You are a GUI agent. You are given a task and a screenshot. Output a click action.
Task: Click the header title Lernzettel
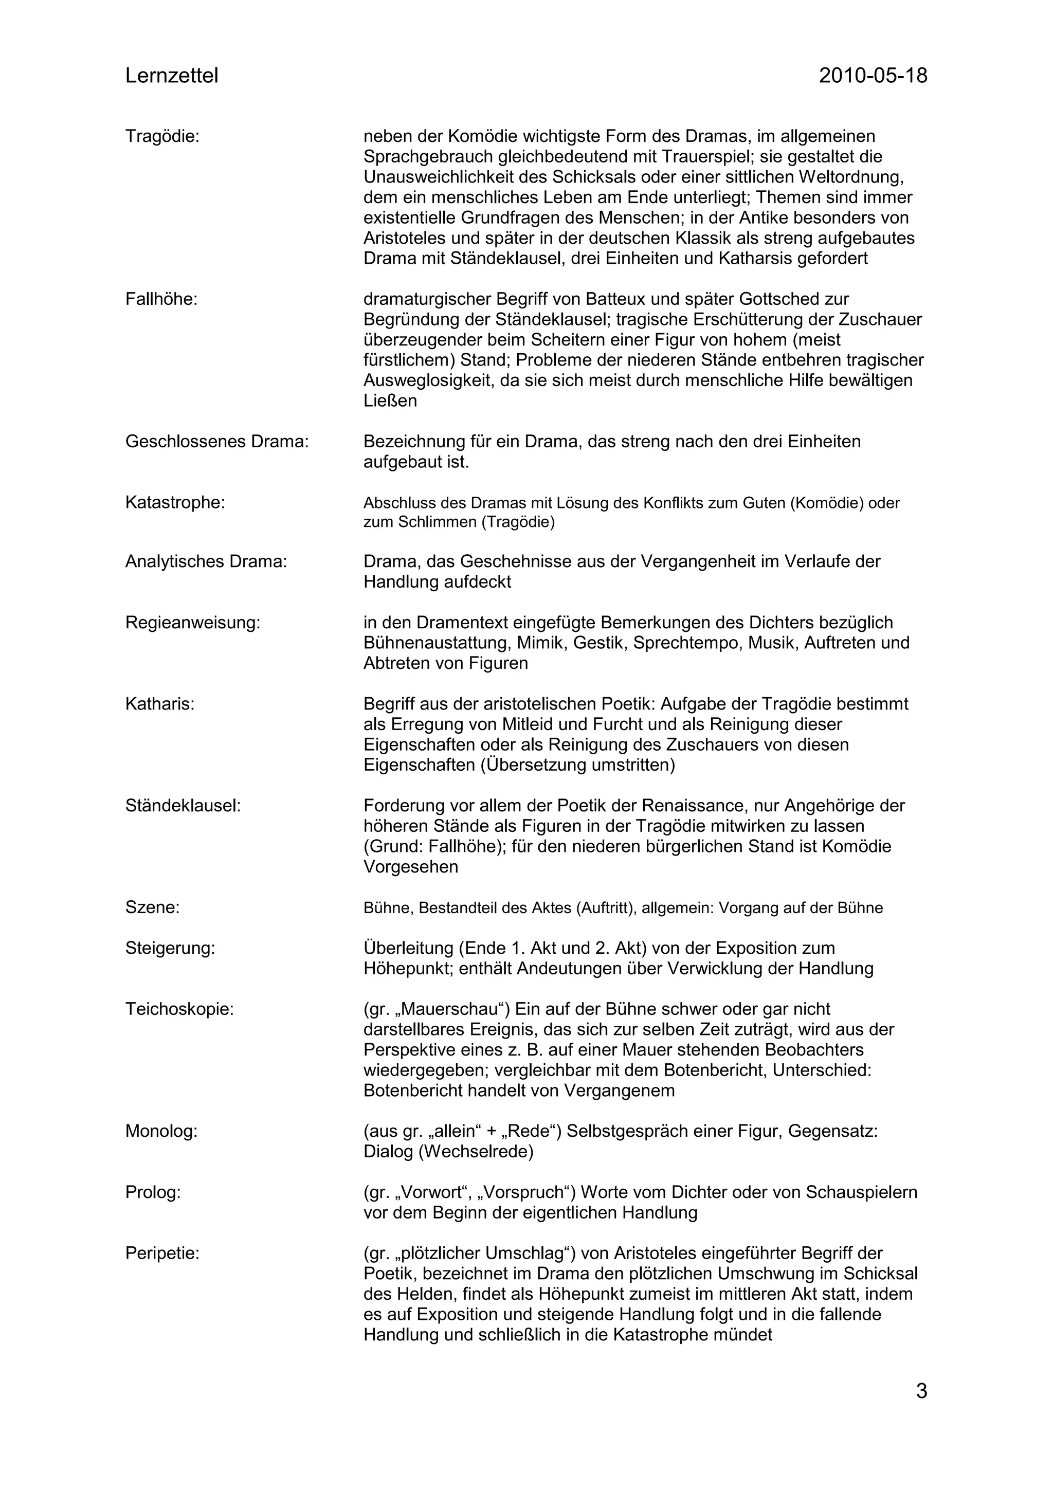171,76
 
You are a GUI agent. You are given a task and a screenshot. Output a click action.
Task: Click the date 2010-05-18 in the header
873,76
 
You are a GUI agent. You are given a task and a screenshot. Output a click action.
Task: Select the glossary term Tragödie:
162,136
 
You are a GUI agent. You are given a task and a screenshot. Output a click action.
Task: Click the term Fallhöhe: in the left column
161,299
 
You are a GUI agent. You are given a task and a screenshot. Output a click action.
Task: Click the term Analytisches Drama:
206,561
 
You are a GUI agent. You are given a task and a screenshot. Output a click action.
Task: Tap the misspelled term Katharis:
159,703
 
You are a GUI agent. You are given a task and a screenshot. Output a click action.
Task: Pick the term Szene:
153,907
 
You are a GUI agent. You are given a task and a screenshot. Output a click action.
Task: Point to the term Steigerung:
170,948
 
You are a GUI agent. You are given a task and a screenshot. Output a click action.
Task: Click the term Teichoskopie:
179,1009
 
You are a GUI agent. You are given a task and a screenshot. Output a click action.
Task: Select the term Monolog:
161,1131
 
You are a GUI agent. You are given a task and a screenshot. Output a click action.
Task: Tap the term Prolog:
153,1192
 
